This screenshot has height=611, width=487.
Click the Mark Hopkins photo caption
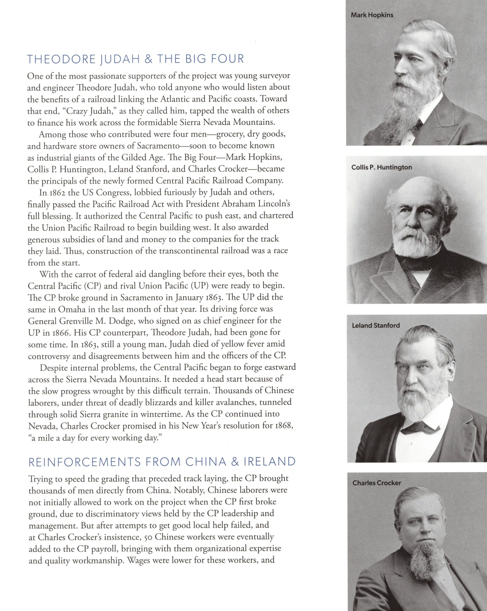(372, 15)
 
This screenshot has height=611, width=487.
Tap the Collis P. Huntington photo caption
(381, 167)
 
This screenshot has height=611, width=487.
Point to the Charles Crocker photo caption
(377, 483)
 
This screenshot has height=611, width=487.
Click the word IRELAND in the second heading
(270, 462)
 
